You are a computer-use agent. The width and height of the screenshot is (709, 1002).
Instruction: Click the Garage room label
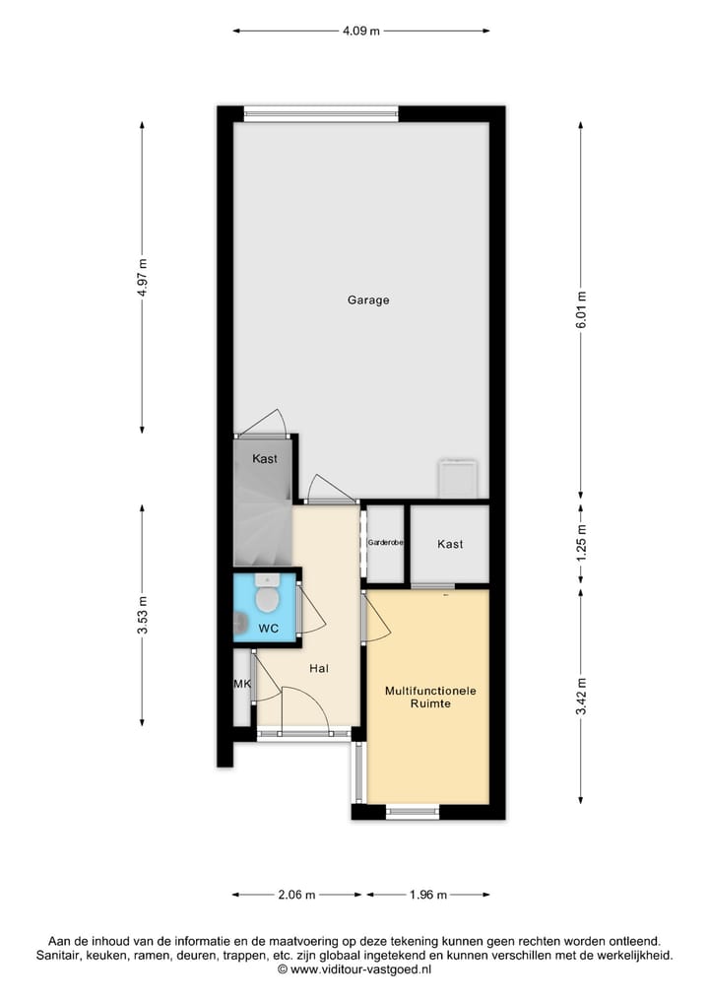tap(367, 301)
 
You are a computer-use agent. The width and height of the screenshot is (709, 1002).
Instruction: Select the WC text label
tap(268, 629)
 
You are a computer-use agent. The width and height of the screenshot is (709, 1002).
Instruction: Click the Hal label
tap(318, 669)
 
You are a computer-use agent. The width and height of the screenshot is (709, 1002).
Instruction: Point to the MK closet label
tap(241, 685)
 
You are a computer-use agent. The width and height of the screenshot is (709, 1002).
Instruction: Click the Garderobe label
tap(385, 543)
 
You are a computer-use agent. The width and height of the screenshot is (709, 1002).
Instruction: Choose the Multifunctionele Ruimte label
tap(430, 699)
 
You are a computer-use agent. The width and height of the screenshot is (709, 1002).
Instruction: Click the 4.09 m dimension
tap(361, 31)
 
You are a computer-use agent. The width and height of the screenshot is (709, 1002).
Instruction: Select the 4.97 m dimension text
tap(143, 277)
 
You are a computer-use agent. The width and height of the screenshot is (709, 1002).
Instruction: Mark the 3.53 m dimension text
tap(143, 615)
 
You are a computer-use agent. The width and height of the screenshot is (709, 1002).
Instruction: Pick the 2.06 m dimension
tap(296, 895)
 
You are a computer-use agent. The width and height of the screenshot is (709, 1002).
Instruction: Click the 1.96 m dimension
tap(428, 895)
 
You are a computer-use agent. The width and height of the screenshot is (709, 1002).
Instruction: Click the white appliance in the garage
tap(458, 479)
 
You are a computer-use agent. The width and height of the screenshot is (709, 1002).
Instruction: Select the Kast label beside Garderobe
tap(450, 544)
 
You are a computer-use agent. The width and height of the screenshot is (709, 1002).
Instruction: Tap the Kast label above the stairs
tap(264, 459)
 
